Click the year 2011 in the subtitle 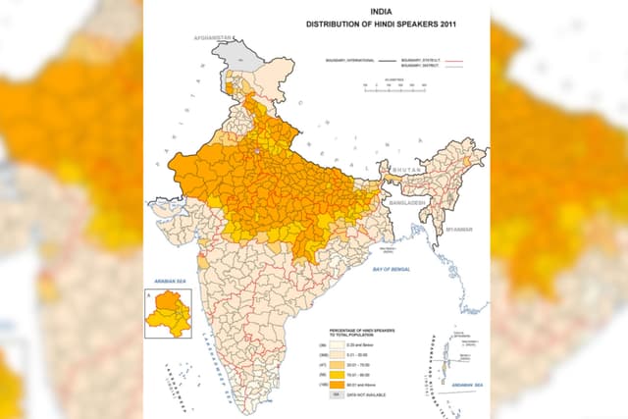pyautogui.click(x=450, y=23)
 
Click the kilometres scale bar pyautogui.click(x=390, y=84)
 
